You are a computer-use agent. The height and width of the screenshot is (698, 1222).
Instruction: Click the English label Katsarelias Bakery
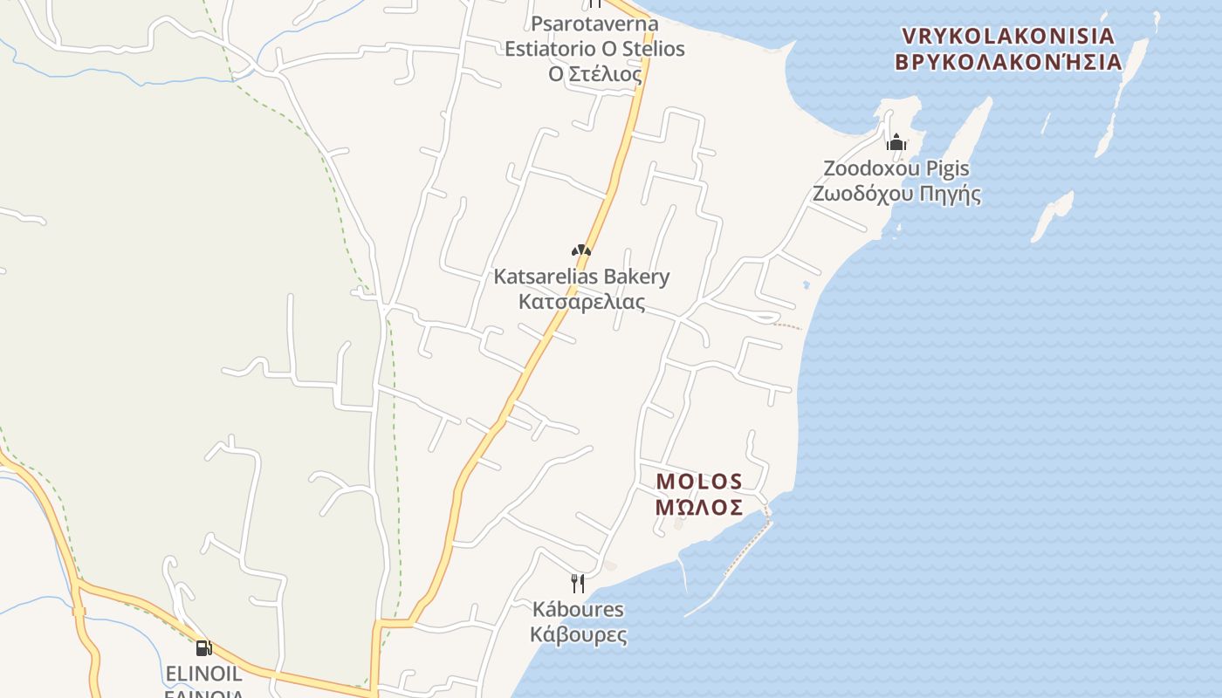click(x=581, y=277)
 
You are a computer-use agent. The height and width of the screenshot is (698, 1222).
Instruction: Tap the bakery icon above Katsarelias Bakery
click(x=581, y=251)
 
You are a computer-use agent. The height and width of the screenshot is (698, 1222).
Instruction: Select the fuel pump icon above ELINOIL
click(x=203, y=647)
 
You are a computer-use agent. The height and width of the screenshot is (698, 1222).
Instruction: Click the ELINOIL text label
click(x=203, y=674)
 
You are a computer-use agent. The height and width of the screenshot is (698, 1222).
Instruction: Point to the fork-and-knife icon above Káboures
click(x=577, y=583)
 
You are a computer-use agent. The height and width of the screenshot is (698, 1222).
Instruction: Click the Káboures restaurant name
click(x=578, y=609)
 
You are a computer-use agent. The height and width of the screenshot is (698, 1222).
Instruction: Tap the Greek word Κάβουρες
click(x=578, y=634)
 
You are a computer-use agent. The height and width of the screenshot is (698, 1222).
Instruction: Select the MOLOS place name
click(x=699, y=482)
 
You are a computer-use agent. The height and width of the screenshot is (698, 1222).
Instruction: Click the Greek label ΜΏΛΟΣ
click(x=699, y=507)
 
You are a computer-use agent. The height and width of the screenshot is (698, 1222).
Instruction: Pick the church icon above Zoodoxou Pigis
click(x=896, y=142)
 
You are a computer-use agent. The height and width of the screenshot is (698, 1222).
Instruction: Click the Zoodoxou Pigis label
click(x=896, y=168)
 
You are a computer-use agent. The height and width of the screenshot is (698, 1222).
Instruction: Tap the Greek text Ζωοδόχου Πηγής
click(x=896, y=194)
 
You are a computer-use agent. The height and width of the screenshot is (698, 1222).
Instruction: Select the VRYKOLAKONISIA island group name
click(x=1008, y=37)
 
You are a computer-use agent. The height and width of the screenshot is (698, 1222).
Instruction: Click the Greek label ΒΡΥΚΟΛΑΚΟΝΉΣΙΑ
click(x=1008, y=62)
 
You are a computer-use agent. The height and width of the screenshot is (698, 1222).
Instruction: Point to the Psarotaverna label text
click(x=594, y=23)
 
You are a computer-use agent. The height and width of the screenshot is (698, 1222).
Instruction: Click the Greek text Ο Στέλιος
click(x=594, y=74)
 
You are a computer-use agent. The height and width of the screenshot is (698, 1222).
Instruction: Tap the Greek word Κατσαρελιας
click(x=581, y=303)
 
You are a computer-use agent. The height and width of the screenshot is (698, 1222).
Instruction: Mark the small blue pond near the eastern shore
click(x=806, y=284)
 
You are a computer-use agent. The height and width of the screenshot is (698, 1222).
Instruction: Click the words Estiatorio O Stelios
click(x=594, y=49)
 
